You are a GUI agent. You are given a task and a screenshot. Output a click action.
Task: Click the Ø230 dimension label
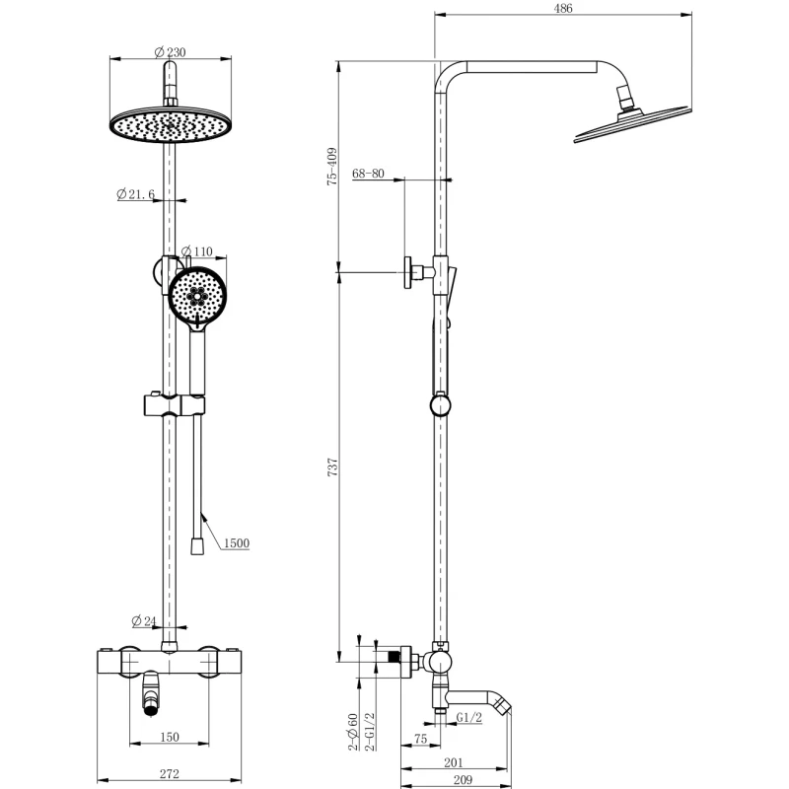coord(171,52)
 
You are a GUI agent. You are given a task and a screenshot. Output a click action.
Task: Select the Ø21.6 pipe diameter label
coord(135,194)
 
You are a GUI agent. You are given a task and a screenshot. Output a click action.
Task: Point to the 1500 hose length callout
coord(235,543)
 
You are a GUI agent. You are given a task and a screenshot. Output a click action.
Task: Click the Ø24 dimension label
coord(144,621)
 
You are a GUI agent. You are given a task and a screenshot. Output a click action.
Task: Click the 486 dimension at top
coord(563,8)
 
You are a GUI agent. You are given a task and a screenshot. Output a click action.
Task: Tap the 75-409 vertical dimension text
coord(332,168)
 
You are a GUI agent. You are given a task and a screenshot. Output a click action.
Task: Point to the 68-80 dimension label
coord(366,174)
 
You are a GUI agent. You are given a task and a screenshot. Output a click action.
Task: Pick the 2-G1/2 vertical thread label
coord(370,733)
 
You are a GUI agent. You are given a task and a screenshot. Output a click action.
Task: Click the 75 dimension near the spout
coord(420,738)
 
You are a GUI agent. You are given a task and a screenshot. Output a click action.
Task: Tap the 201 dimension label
coord(454,760)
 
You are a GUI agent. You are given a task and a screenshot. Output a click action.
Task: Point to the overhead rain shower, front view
coord(171,127)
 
